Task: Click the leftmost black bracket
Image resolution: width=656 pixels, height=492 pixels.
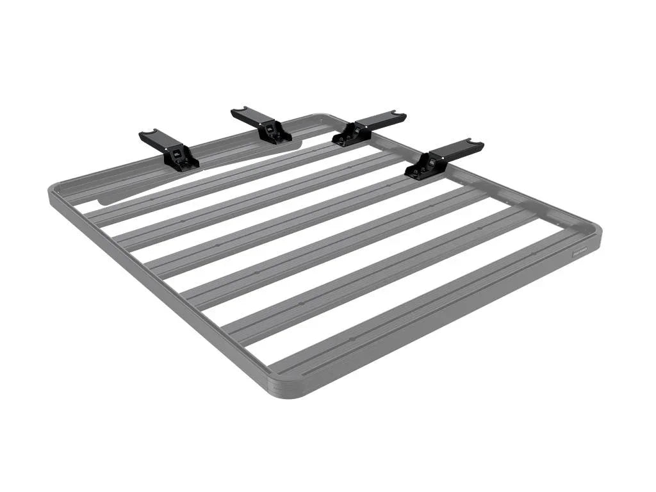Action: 168,149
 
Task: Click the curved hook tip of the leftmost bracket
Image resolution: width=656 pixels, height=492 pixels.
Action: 147,135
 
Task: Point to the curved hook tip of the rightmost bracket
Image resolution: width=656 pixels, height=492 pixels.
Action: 477,144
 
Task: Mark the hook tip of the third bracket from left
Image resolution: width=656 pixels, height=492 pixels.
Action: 400,116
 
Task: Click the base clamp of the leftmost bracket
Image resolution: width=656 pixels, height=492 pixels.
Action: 181,160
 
